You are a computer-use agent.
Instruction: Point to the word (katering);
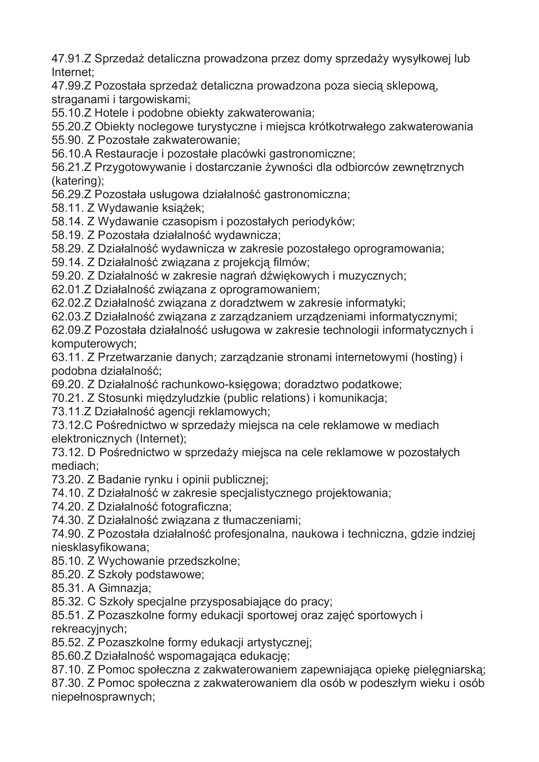coord(78,181)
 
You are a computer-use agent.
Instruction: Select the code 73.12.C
coord(72,425)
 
